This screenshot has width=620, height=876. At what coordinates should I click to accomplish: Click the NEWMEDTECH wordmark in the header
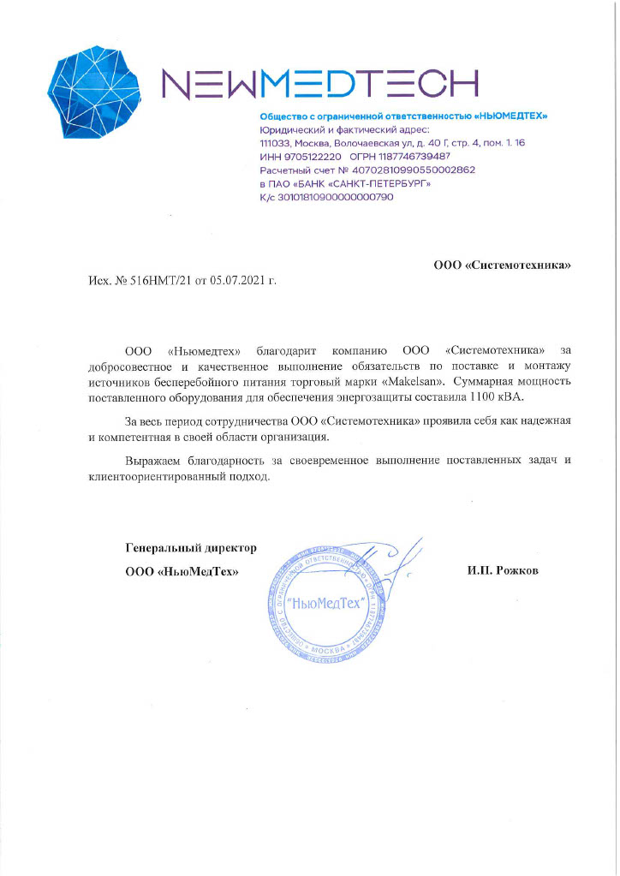[x=319, y=83]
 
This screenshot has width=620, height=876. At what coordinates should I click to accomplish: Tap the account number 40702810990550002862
[x=402, y=170]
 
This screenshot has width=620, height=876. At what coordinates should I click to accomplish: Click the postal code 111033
[x=276, y=144]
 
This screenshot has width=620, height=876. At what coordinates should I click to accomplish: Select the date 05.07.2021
[x=238, y=281]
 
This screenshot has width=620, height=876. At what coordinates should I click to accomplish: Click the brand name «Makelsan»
[x=415, y=380]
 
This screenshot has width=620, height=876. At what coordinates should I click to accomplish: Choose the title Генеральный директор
[x=191, y=547]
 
